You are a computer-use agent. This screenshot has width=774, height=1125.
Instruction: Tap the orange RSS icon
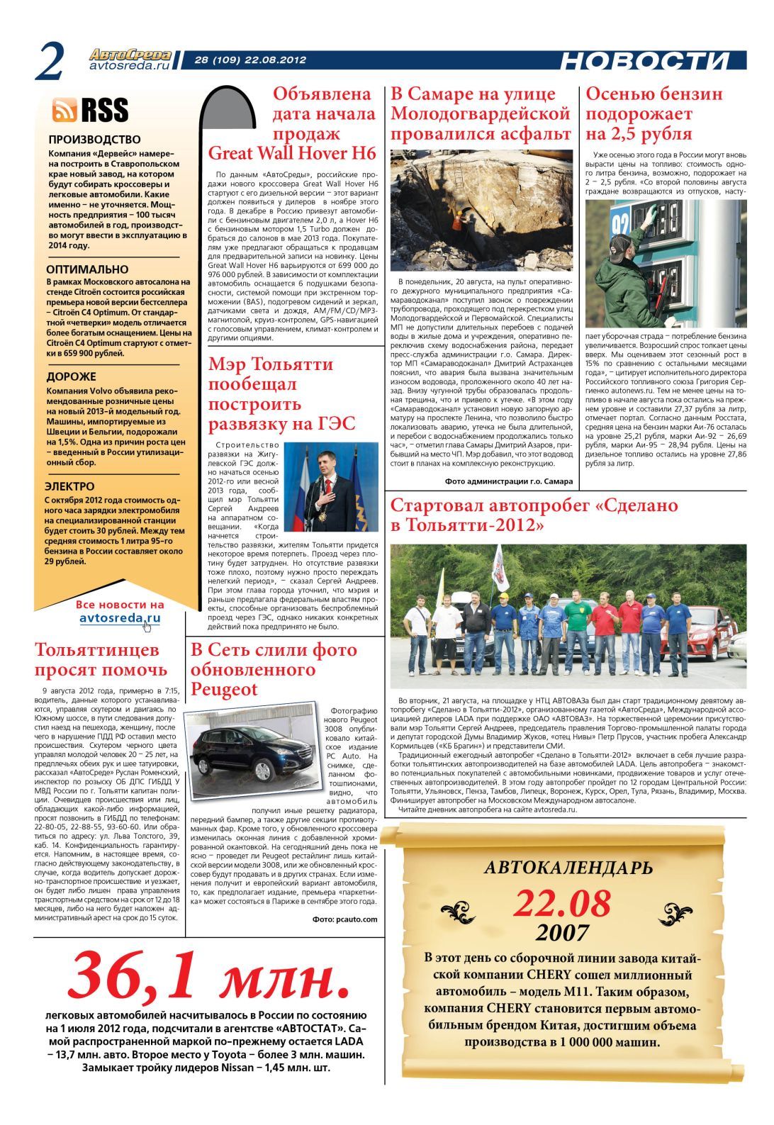point(64,110)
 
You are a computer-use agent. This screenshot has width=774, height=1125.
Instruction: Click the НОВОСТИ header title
point(644,62)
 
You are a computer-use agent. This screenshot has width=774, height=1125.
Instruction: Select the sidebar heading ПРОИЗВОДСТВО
point(94,140)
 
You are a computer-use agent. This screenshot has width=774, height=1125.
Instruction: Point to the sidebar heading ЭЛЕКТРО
point(69,486)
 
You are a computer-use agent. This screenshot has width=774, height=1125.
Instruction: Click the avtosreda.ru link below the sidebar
point(120,618)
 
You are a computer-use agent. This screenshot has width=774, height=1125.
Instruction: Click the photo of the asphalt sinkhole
point(481,210)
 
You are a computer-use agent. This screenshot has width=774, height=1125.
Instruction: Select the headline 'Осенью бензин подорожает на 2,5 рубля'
point(654,113)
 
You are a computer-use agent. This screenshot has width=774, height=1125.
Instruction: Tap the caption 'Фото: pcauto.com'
point(344,919)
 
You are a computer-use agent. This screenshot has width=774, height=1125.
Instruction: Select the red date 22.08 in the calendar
point(561,904)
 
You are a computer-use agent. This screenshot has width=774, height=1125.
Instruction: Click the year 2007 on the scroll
point(562,932)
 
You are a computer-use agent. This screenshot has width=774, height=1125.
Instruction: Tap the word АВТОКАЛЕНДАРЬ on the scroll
point(568,867)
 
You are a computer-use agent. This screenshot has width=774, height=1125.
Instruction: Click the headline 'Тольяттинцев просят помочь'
point(101,659)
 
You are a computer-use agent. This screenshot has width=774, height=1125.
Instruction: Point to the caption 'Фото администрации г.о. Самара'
point(508,481)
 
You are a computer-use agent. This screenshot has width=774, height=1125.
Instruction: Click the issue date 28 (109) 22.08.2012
point(250,60)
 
